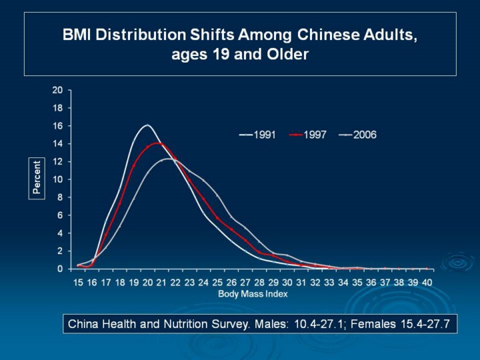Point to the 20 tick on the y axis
pyautogui.click(x=58, y=90)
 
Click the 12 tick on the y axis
pyautogui.click(x=58, y=161)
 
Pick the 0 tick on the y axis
pyautogui.click(x=61, y=269)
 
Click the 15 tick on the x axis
pyautogui.click(x=79, y=282)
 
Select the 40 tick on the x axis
pyautogui.click(x=427, y=282)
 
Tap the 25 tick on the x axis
pyautogui.click(x=218, y=282)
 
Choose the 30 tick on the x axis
pyautogui.click(x=287, y=282)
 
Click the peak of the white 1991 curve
pyautogui.click(x=147, y=125)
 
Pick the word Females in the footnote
pyautogui.click(x=373, y=325)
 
